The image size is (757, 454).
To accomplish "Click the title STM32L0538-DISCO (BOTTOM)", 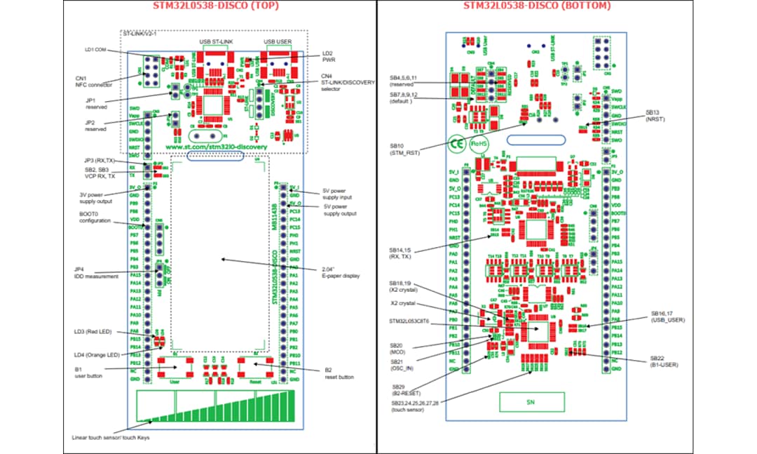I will [x=536, y=6].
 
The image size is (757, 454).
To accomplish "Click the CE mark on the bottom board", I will [x=456, y=142].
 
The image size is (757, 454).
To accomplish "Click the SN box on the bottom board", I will [x=531, y=402].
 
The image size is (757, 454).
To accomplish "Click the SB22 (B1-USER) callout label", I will [x=664, y=361].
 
